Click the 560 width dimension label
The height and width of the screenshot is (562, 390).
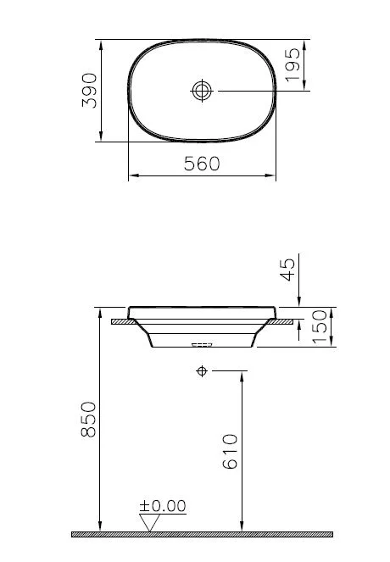202,164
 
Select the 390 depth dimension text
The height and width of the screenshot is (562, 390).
90,90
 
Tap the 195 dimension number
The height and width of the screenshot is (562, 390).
292,65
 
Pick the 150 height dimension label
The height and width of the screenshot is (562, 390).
320,326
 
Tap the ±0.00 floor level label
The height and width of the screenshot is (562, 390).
163,506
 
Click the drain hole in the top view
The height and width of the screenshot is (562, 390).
202,89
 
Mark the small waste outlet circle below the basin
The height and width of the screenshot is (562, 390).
202,371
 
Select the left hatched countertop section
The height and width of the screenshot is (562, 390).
124,321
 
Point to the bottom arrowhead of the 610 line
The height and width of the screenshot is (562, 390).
242,526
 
